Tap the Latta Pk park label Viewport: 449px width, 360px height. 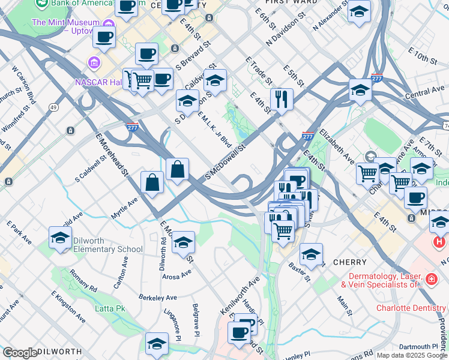coord(110,308)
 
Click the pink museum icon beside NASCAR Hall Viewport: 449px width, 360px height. coord(95,62)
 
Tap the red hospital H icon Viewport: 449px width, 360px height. coord(439,242)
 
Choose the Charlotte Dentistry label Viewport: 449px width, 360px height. coord(411,308)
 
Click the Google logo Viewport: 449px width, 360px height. coord(20,353)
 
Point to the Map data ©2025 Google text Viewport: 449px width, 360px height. coord(412,355)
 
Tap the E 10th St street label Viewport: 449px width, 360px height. coord(424,58)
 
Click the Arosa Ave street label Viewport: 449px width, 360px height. coord(176,274)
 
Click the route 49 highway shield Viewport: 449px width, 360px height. coord(53,107)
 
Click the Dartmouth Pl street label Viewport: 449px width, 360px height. coord(418,346)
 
